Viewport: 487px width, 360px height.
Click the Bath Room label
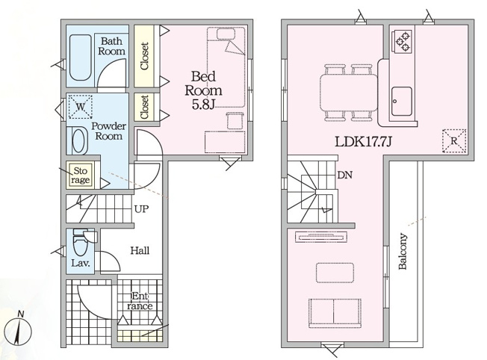click(x=111, y=46)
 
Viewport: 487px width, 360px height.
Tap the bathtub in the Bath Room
click(x=80, y=58)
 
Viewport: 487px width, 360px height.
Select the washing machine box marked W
click(x=81, y=107)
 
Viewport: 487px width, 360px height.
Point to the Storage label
click(x=80, y=176)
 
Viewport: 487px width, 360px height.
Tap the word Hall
click(x=140, y=250)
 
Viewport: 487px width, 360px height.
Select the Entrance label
click(x=140, y=301)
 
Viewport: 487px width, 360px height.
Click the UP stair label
click(x=142, y=209)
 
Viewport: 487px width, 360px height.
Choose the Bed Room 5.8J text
click(x=203, y=90)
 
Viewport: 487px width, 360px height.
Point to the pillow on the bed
click(x=226, y=34)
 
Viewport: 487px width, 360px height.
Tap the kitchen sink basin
click(x=402, y=101)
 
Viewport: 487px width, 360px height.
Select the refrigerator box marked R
click(x=454, y=141)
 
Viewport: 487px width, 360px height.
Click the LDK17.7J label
click(x=363, y=142)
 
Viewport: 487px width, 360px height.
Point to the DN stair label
click(x=345, y=176)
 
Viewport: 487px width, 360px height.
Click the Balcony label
click(x=403, y=251)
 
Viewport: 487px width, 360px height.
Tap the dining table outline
click(x=349, y=92)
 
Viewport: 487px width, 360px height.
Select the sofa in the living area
click(x=335, y=313)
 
